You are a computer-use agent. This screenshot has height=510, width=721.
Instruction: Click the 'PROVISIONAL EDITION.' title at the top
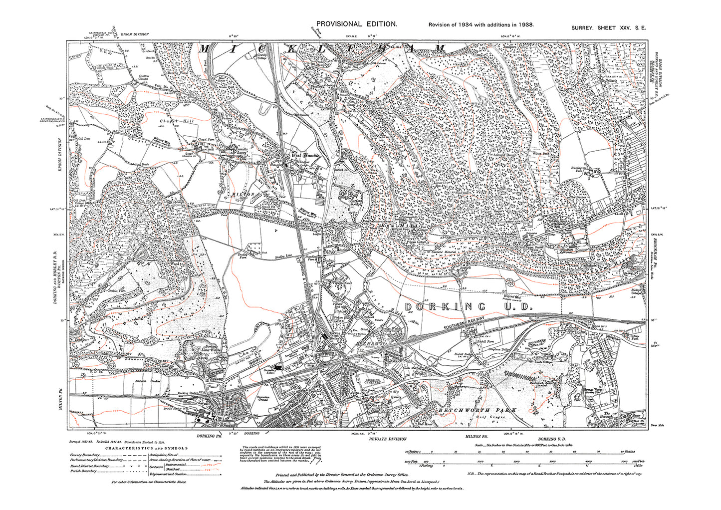[357, 24]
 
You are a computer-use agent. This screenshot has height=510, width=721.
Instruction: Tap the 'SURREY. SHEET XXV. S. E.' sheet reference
[608, 28]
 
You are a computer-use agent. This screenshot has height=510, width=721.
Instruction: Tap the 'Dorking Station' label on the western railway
[188, 393]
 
